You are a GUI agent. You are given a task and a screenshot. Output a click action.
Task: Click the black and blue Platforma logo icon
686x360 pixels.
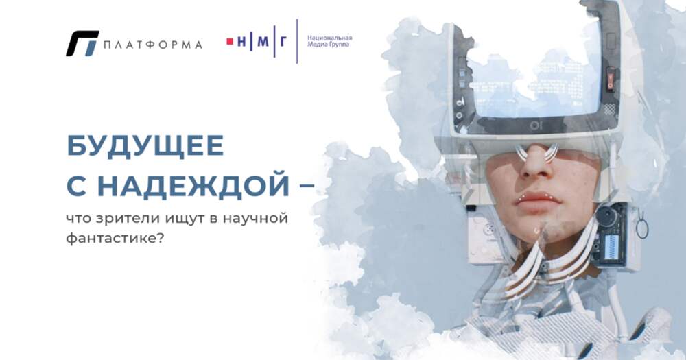click(x=82, y=43)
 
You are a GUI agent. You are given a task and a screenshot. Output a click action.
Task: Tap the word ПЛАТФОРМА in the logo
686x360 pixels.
click(x=153, y=45)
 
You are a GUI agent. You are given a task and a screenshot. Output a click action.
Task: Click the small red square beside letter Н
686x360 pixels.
click(x=230, y=42)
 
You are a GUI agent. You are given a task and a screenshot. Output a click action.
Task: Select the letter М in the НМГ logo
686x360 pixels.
click(x=263, y=42)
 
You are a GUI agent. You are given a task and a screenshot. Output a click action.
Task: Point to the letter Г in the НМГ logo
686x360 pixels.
click(x=283, y=42)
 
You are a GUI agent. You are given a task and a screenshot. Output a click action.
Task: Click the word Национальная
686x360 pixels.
click(x=330, y=38)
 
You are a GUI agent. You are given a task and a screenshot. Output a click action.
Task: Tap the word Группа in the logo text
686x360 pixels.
click(x=340, y=45)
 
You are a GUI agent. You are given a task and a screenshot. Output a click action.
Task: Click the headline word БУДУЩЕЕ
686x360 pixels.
click(x=145, y=146)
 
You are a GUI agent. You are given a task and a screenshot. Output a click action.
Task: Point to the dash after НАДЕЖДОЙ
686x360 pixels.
click(x=307, y=185)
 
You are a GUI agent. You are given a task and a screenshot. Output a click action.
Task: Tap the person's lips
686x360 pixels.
click(x=538, y=201)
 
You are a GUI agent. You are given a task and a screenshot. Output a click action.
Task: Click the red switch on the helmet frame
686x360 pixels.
click(x=611, y=80)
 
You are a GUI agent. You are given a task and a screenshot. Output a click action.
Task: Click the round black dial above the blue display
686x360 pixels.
click(x=606, y=216)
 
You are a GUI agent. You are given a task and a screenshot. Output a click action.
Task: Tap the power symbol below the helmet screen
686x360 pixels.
click(x=534, y=126)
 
